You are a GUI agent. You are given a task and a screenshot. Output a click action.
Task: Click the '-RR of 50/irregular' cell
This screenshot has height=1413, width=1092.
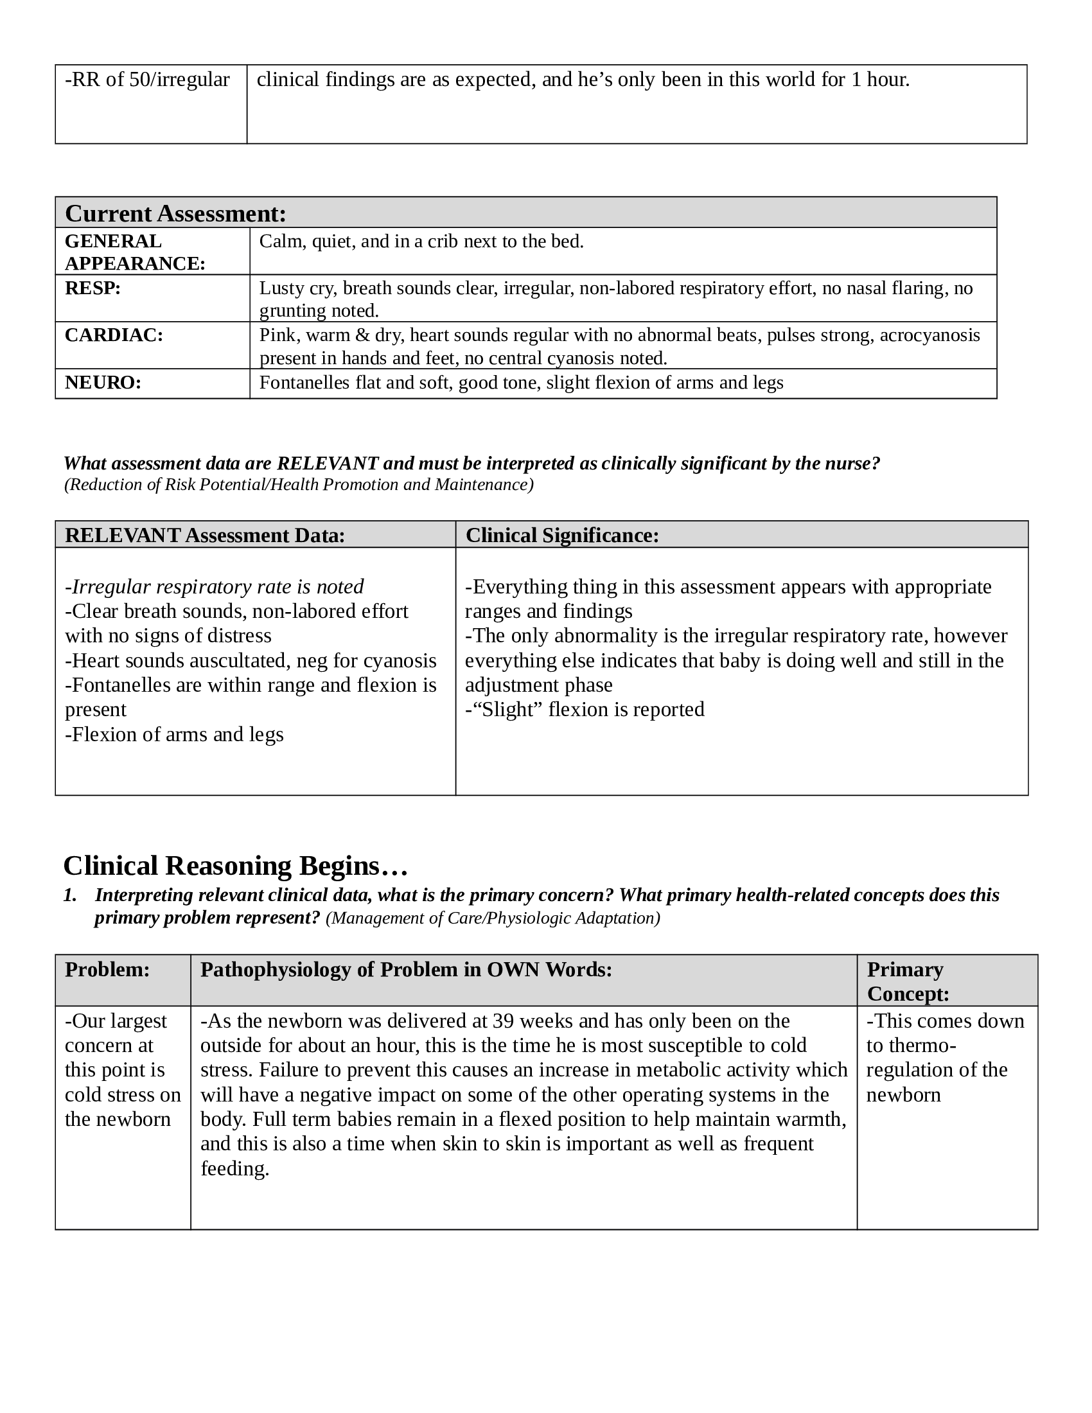(148, 80)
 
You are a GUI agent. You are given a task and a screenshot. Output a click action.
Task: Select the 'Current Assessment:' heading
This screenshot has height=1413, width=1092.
(175, 213)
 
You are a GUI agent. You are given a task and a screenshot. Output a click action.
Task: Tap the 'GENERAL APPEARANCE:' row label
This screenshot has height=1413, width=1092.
(134, 252)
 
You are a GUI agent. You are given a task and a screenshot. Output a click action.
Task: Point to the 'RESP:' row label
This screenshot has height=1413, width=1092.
(92, 288)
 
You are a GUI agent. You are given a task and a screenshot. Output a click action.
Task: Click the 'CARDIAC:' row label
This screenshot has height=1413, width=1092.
(114, 335)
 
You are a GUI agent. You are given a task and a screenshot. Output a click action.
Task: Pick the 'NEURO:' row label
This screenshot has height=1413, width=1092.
(103, 383)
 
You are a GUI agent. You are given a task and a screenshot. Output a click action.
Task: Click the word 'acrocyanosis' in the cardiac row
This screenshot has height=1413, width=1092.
(929, 335)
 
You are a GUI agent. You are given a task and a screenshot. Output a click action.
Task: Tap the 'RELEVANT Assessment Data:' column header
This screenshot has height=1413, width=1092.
(205, 536)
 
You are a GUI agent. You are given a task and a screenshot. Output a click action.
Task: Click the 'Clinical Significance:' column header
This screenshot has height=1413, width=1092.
(562, 536)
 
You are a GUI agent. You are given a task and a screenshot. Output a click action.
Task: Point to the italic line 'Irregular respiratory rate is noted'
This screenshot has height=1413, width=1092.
(217, 587)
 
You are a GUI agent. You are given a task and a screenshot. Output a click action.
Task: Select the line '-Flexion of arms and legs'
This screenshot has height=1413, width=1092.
(174, 734)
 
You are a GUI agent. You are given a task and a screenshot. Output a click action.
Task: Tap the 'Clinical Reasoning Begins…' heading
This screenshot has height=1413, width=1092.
(236, 866)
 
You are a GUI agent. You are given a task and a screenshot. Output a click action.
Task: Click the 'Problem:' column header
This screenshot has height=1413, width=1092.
(107, 969)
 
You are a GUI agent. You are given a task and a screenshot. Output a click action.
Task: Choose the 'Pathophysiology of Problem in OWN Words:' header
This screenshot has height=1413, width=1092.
(405, 969)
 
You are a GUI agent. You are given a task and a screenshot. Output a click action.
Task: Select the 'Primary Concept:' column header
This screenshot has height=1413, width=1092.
(908, 981)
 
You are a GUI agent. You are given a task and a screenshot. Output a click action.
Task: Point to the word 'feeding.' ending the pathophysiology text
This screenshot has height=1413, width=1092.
(235, 1168)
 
